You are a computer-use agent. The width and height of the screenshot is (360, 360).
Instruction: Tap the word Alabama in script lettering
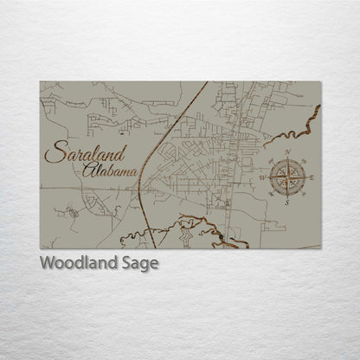112,174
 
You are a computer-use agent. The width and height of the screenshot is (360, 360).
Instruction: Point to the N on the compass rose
286,153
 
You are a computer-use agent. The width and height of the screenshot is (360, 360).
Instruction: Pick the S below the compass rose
286,204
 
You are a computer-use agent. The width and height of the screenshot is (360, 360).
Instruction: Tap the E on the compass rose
312,178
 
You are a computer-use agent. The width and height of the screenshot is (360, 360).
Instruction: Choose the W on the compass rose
262,178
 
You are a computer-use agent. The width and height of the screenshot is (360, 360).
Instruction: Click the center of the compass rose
286,178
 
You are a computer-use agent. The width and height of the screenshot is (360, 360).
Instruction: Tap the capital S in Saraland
55,156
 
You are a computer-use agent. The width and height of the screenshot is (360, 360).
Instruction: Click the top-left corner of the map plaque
40,81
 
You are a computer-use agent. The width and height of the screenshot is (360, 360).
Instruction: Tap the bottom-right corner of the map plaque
321,248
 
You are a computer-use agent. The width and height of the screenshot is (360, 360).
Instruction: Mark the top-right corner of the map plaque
321,81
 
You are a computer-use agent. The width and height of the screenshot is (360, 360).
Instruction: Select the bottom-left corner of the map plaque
40,248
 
